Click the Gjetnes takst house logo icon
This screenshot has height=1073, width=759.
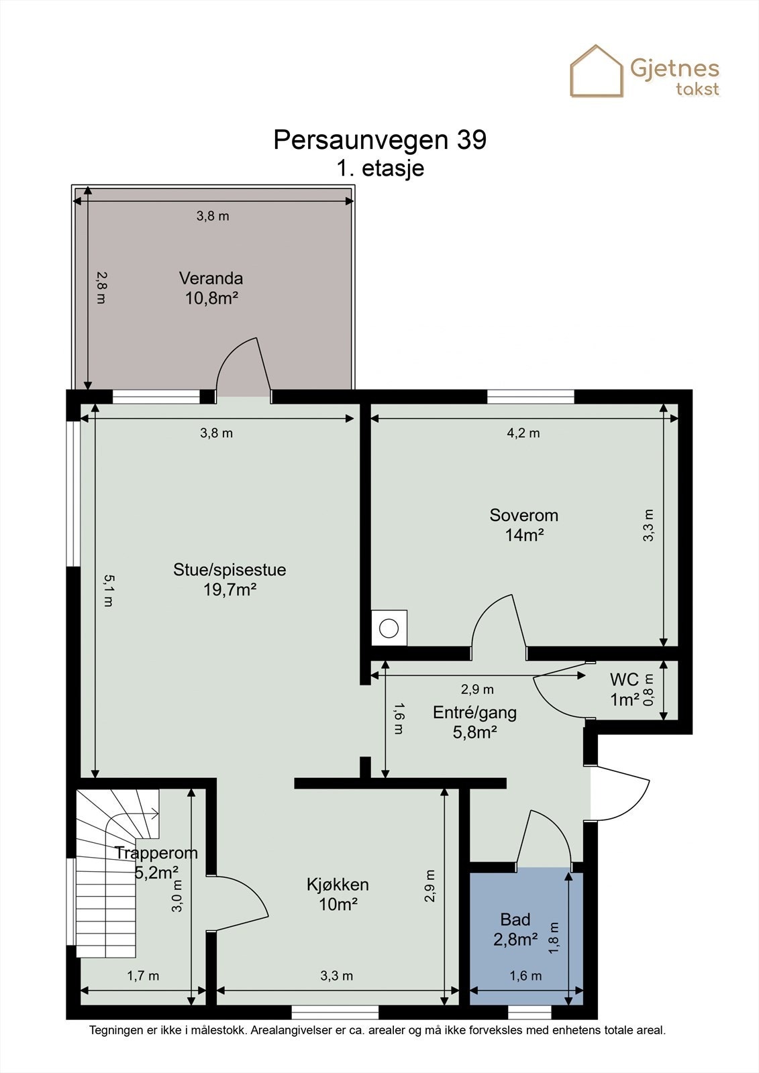(596, 71)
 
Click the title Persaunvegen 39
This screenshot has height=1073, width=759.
(379, 139)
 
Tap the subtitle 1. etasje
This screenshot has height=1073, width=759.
(380, 168)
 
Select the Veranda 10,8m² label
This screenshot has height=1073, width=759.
(211, 288)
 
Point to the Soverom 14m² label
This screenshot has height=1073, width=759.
(523, 524)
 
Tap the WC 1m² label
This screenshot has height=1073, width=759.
(624, 689)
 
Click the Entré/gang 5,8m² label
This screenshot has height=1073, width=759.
(474, 722)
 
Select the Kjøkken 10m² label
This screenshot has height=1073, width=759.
(338, 894)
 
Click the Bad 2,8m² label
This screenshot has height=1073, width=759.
(515, 929)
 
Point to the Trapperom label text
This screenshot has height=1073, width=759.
(156, 853)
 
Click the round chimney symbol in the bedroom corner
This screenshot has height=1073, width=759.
(389, 628)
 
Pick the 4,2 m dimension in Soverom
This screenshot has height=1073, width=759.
(523, 433)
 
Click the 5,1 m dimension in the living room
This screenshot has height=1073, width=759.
(107, 590)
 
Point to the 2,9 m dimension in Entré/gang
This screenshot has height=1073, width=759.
(477, 689)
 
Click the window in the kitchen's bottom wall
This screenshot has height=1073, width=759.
(335, 1012)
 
